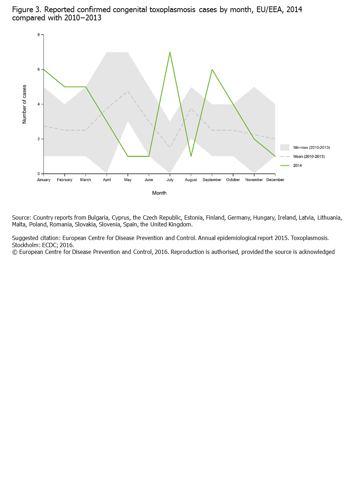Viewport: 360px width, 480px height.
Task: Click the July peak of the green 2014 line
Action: click(x=170, y=52)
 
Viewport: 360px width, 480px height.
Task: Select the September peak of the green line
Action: click(x=212, y=70)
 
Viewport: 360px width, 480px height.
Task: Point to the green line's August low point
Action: click(x=191, y=156)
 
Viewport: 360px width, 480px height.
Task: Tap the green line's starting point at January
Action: click(x=44, y=69)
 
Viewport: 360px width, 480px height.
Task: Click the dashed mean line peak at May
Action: click(x=128, y=91)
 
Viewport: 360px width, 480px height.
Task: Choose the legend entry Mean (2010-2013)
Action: click(x=309, y=156)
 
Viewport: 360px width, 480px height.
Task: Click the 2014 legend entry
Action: click(x=297, y=165)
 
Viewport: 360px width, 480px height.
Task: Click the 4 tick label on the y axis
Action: click(x=39, y=104)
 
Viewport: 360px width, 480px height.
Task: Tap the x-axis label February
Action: click(x=65, y=180)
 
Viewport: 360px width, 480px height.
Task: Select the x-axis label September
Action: click(x=212, y=180)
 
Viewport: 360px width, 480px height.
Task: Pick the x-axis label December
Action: click(x=275, y=180)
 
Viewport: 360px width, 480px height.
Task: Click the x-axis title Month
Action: click(x=159, y=193)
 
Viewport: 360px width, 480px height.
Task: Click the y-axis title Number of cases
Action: click(x=24, y=104)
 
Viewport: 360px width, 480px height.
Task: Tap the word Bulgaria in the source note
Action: click(x=98, y=217)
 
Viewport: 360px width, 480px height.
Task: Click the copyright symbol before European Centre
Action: click(x=15, y=252)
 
